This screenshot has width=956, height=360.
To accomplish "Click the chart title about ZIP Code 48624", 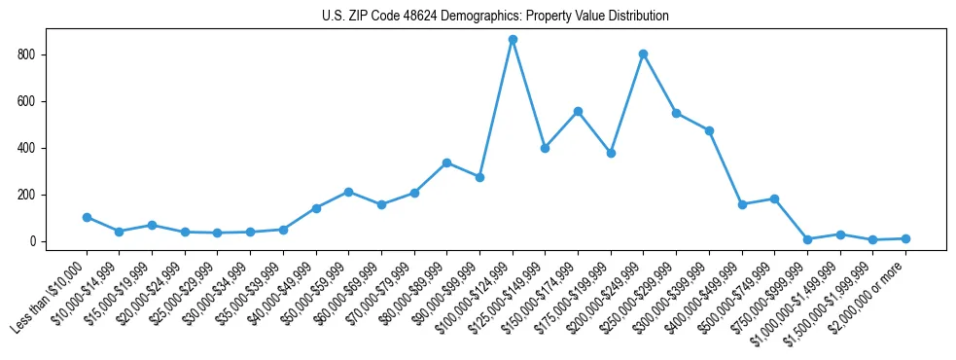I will pos(495,16).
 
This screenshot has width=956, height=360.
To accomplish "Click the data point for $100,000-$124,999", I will pos(513,40).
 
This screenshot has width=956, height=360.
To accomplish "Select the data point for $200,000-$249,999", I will pos(644,54).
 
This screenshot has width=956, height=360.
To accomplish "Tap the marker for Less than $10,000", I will pos(87,217).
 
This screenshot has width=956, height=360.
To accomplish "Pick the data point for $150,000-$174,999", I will pos(578,111).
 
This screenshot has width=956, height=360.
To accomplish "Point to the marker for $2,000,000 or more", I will pos(905,238).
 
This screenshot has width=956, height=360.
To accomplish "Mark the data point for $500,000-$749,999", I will pos(774,198).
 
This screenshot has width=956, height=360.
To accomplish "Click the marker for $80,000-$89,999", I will pos(446,162).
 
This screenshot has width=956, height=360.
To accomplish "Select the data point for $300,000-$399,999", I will pos(709,130).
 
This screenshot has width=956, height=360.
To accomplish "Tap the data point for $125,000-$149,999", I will pos(546,148).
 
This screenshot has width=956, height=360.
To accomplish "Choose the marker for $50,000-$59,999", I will pos(348,192).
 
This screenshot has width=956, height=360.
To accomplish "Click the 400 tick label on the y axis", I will pos(32,148).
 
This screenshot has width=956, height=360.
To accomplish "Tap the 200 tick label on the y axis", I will pos(32,195).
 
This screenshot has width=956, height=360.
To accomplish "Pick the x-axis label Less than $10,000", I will pos(51,297).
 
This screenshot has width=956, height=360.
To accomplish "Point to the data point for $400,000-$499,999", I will pos(742,204).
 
